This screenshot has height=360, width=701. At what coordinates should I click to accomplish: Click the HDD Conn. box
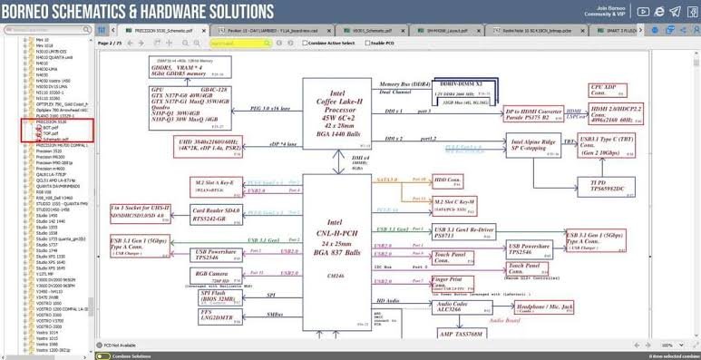448,180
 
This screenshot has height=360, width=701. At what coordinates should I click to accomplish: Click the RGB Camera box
213,275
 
